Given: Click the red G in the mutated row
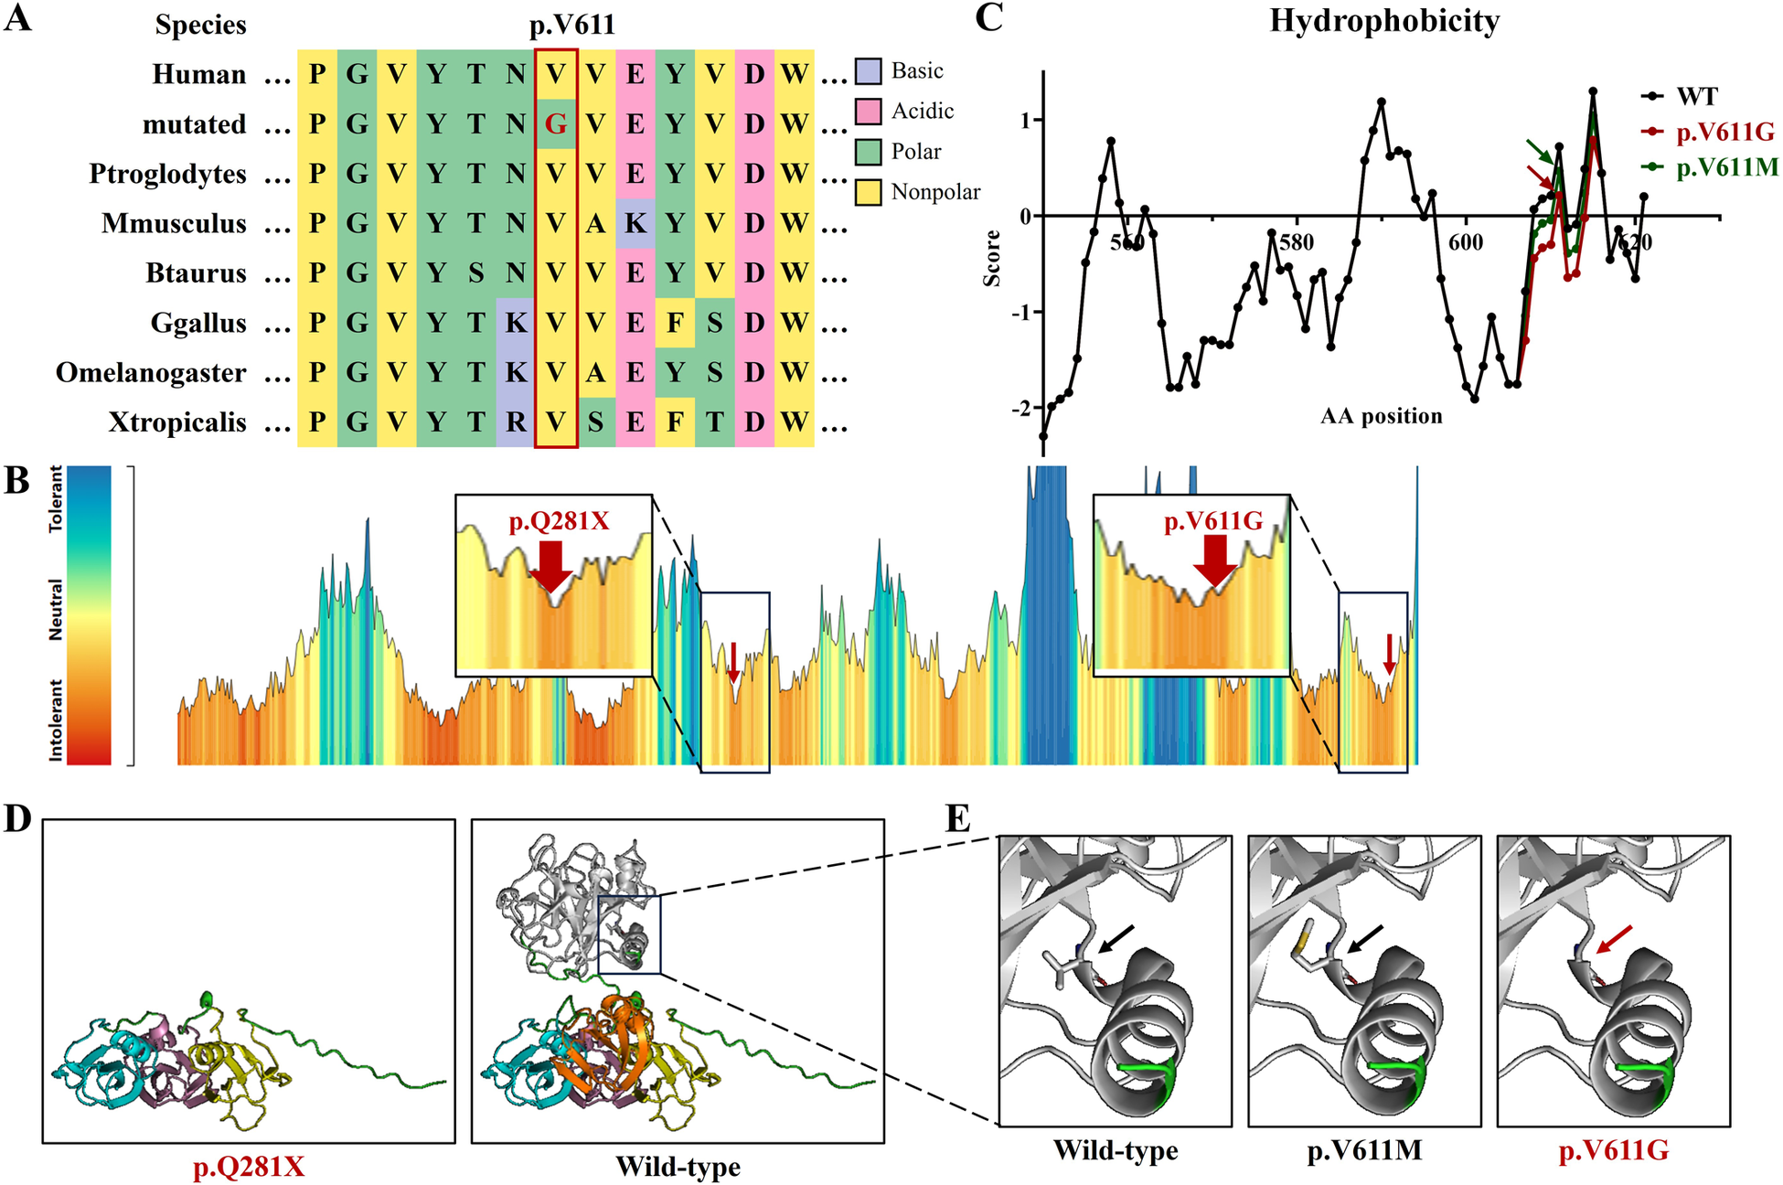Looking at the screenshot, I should (x=555, y=124).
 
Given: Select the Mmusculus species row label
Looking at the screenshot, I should (x=174, y=224).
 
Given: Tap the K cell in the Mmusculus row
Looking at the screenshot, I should (x=635, y=224).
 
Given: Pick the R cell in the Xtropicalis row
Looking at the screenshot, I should (x=516, y=422).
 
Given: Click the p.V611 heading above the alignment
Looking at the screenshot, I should (x=572, y=25).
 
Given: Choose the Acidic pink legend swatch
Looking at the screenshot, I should (x=868, y=112).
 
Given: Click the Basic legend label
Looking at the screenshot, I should (x=916, y=71).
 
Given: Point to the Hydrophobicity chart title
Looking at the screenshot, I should (x=1383, y=21).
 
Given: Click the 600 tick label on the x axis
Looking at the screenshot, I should (x=1465, y=242).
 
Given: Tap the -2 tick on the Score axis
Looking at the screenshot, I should (x=1020, y=408).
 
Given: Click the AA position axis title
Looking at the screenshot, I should (x=1381, y=417).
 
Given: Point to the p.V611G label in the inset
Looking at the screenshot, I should (x=1212, y=522).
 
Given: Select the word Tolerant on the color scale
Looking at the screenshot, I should (x=56, y=499).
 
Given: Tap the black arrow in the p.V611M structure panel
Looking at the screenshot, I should (x=1366, y=940).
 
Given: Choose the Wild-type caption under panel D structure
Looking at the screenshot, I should (x=678, y=1168).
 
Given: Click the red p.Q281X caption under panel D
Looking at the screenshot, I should (x=249, y=1168).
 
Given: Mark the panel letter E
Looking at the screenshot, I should (x=957, y=818).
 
